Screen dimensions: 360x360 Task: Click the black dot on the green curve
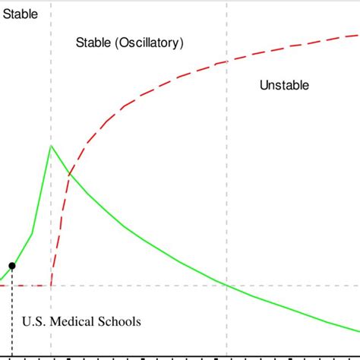[11, 266]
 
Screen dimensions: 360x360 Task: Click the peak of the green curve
[51, 145]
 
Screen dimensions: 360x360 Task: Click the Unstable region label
[284, 85]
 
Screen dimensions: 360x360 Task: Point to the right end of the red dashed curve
[357, 34]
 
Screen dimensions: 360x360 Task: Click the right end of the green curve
[358, 332]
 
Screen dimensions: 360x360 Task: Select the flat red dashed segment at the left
[27, 286]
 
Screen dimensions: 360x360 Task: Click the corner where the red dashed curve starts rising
[51, 285]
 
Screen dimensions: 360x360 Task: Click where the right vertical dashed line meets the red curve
[226, 62]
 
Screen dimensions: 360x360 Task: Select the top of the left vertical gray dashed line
[51, 5]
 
